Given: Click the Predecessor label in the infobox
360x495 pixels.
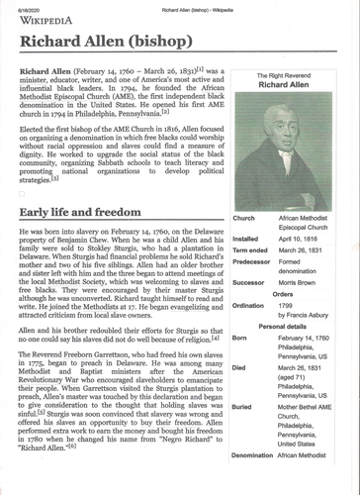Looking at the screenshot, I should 252,265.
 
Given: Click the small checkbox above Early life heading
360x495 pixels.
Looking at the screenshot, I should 22,195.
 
